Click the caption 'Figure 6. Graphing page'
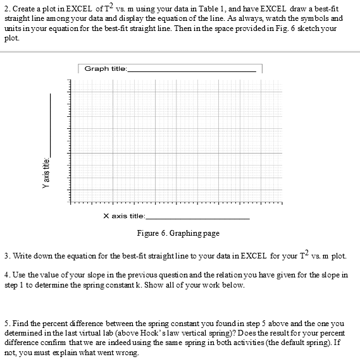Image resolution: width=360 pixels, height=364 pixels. (178, 233)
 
